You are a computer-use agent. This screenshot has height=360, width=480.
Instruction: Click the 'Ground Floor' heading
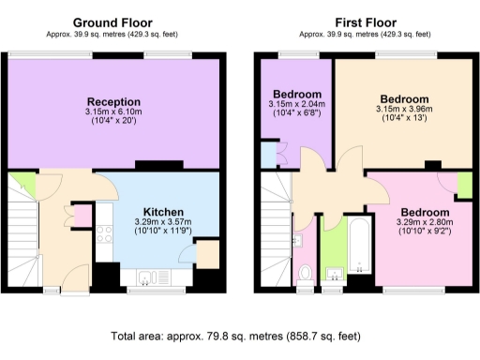click(x=113, y=22)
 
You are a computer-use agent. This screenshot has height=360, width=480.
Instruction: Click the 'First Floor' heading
click(x=366, y=22)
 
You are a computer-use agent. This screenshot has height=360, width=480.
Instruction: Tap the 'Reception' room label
click(x=113, y=101)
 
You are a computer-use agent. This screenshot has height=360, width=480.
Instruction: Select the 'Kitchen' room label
click(x=163, y=212)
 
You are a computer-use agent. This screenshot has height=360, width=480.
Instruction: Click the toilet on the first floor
click(x=304, y=273)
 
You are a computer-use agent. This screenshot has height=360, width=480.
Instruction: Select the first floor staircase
click(x=274, y=225)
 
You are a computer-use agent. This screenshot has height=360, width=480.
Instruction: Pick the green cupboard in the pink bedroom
click(x=463, y=186)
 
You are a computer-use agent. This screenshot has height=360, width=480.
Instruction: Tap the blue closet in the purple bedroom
click(x=269, y=156)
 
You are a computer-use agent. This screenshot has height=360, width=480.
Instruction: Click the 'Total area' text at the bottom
click(x=240, y=334)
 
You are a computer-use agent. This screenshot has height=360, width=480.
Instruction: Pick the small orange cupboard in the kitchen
click(x=206, y=251)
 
